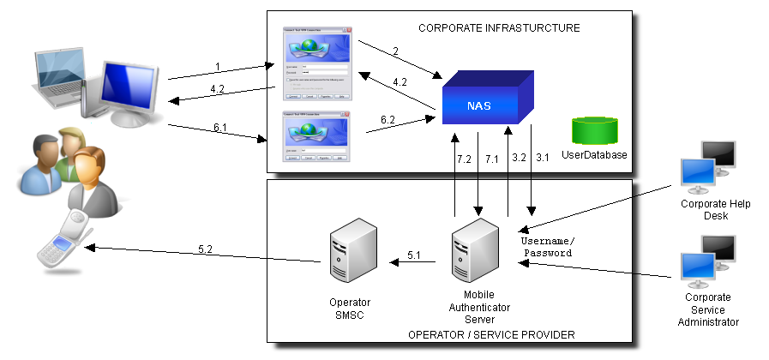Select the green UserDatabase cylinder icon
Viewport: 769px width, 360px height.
[595, 129]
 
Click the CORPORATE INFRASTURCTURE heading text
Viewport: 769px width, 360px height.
[499, 28]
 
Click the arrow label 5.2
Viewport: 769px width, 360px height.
[206, 249]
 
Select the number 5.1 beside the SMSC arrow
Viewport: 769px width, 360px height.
[414, 255]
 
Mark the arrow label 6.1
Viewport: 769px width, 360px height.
[220, 128]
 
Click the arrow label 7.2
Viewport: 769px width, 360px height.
[464, 159]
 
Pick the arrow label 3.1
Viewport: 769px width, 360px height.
[543, 159]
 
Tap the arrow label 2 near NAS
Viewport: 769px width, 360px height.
[395, 51]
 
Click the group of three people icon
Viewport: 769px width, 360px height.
[64, 167]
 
